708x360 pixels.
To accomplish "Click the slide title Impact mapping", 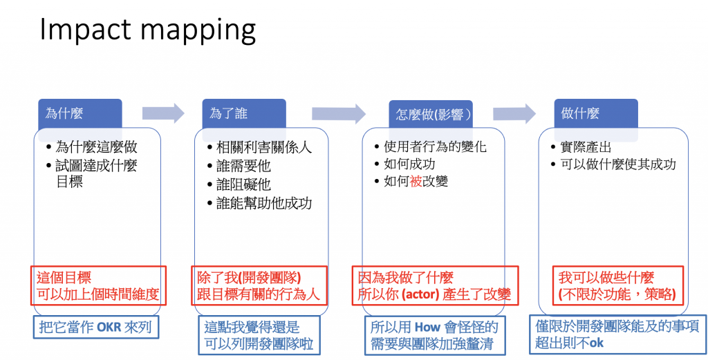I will click(x=147, y=30).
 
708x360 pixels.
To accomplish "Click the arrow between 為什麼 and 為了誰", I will click(x=163, y=113).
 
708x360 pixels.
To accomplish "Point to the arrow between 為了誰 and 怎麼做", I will click(x=338, y=113).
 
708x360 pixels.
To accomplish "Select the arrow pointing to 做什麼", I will click(x=514, y=113).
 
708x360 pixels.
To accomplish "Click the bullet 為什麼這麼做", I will click(x=97, y=147).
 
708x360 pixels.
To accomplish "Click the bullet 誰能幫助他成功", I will click(x=264, y=203).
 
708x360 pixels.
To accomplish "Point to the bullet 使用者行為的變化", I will click(x=436, y=147).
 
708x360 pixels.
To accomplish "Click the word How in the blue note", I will click(x=428, y=326).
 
